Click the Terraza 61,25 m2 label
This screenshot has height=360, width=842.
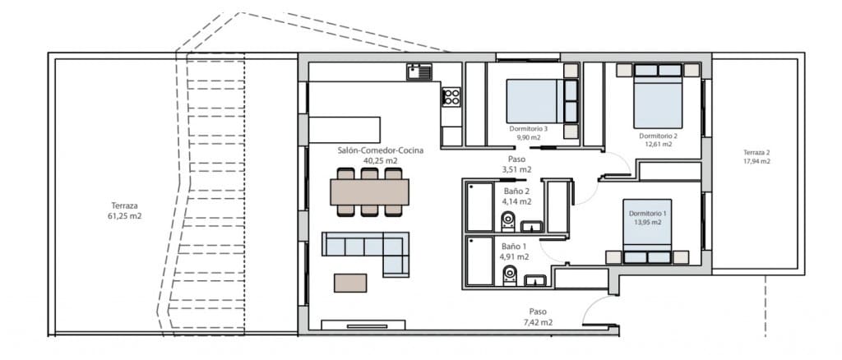[126, 211]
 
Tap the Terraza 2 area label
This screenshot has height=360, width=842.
[756, 157]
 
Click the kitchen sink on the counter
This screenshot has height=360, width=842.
[419, 73]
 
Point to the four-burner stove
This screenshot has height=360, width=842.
[451, 98]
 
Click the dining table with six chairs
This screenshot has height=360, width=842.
[369, 192]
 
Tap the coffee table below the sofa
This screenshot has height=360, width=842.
[350, 282]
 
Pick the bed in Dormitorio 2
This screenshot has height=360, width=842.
[658, 97]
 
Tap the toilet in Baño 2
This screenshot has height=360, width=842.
[508, 219]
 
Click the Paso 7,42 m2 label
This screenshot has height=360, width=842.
[538, 317]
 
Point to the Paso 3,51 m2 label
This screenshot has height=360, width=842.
[516, 165]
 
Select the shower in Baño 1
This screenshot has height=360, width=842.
[479, 262]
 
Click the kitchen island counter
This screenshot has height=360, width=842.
[345, 130]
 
